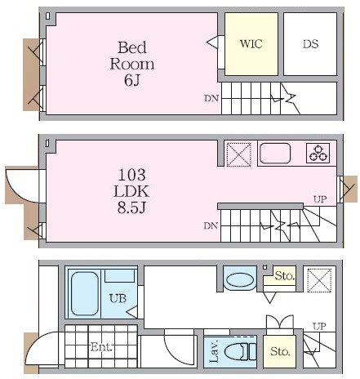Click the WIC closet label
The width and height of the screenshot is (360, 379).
click(251, 44)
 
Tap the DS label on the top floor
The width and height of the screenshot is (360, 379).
click(310, 44)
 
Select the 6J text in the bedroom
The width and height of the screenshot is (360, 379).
click(132, 80)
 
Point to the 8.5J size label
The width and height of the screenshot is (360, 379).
click(131, 207)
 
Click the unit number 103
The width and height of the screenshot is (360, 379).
click(131, 175)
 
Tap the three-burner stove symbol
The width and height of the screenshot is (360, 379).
click(318, 154)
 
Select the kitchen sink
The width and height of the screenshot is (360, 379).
click(275, 154)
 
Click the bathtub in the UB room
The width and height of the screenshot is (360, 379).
click(85, 294)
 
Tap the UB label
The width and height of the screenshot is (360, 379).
click(118, 299)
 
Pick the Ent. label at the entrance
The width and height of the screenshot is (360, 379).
click(101, 347)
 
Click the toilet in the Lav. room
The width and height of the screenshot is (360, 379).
click(241, 351)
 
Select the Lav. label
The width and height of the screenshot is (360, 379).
click(214, 351)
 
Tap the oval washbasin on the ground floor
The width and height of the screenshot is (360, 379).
click(240, 280)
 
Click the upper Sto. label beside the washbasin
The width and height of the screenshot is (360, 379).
click(285, 276)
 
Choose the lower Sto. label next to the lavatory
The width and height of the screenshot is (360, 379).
click(280, 351)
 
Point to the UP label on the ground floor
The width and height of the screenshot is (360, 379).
click(319, 326)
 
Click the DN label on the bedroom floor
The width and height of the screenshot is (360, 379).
click(211, 98)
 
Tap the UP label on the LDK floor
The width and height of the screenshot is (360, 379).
click(320, 199)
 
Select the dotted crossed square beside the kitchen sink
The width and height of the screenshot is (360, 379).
click(239, 154)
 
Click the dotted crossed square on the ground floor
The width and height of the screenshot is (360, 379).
click(319, 280)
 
